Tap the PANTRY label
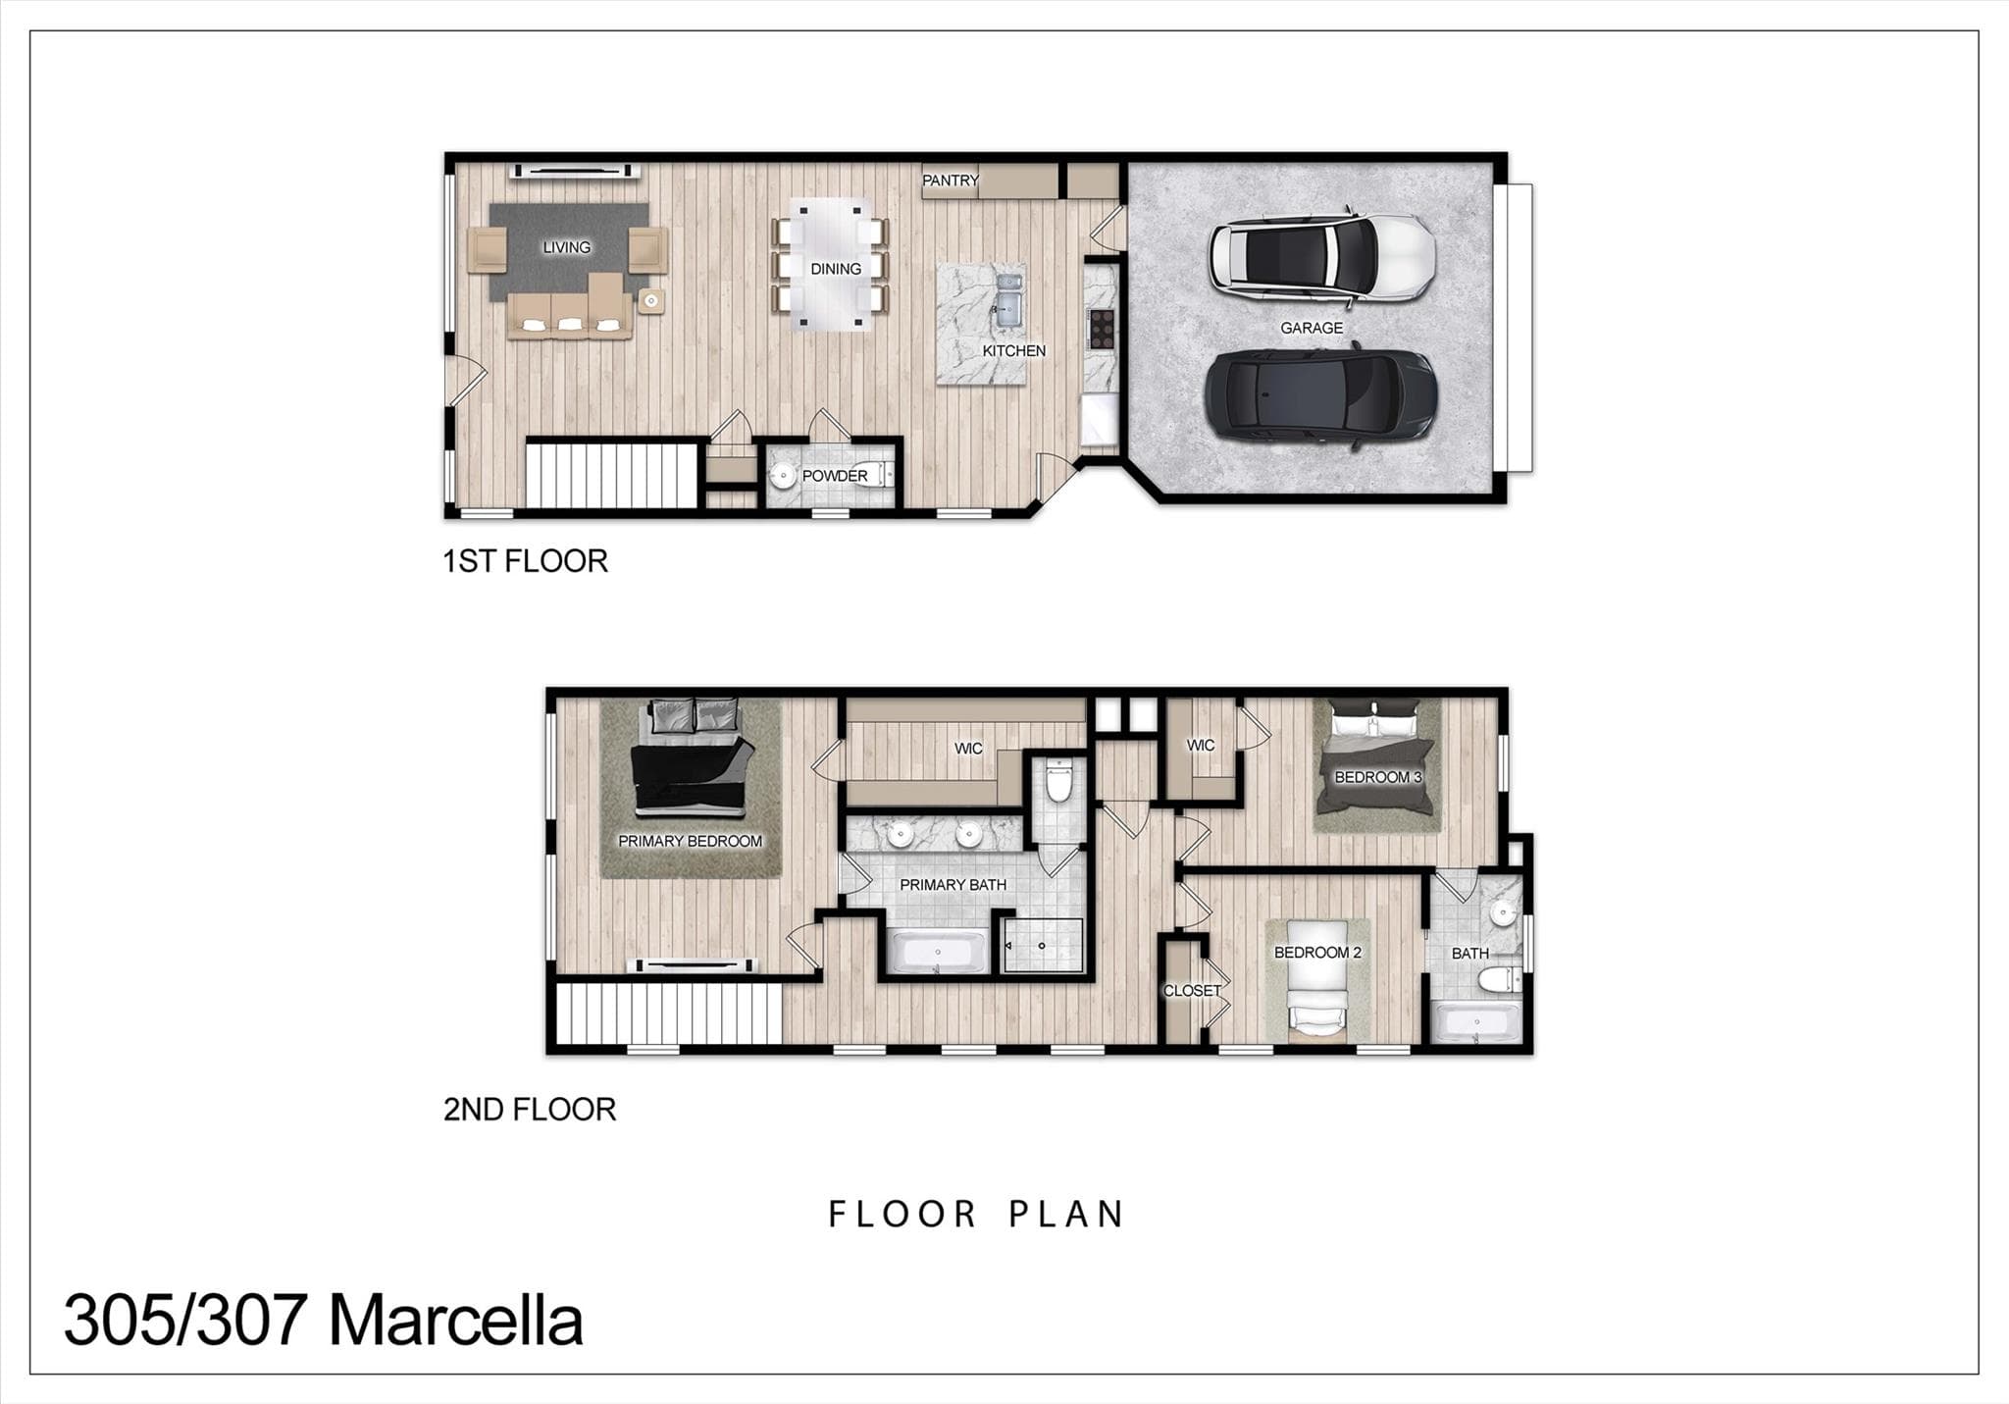click(950, 181)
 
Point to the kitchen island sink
click(1008, 299)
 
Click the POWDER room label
click(835, 476)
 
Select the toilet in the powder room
click(874, 475)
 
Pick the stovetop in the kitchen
click(1102, 329)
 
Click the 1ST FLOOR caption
click(525, 561)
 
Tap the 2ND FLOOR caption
click(530, 1110)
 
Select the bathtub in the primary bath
click(937, 952)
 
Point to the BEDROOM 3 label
click(1377, 777)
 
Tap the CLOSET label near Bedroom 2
click(1192, 991)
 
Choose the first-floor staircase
click(612, 476)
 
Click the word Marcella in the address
click(455, 1321)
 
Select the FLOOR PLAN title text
click(976, 1215)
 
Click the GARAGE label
click(1312, 328)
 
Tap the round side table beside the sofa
click(651, 300)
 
